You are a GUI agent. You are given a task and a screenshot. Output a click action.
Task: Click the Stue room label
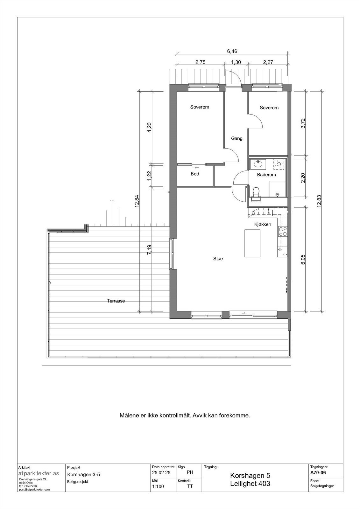pyautogui.click(x=218, y=259)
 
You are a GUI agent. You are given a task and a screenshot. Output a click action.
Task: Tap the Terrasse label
pyautogui.click(x=116, y=301)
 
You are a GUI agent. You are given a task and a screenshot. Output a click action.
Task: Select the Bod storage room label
pyautogui.click(x=195, y=174)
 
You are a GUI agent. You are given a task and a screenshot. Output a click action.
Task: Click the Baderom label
pyautogui.click(x=266, y=175)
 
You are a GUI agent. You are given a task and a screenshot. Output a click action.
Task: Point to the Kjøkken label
pyautogui.click(x=263, y=224)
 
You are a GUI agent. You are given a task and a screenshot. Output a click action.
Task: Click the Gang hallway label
pyautogui.click(x=236, y=138)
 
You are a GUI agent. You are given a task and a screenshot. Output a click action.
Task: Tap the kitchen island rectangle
pyautogui.click(x=252, y=243)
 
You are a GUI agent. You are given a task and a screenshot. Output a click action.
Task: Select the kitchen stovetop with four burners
pyautogui.click(x=283, y=231)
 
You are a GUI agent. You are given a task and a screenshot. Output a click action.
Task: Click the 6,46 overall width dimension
pyautogui.click(x=232, y=51)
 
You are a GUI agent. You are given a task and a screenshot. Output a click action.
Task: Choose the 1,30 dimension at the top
pyautogui.click(x=236, y=63)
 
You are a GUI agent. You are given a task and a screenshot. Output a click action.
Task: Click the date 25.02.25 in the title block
pyautogui.click(x=161, y=473)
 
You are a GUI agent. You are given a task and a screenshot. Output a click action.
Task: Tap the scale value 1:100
pyautogui.click(x=158, y=486)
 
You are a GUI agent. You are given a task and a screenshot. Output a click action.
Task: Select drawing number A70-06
pyautogui.click(x=318, y=472)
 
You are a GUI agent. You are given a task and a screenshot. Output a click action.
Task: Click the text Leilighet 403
pyautogui.click(x=250, y=484)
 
